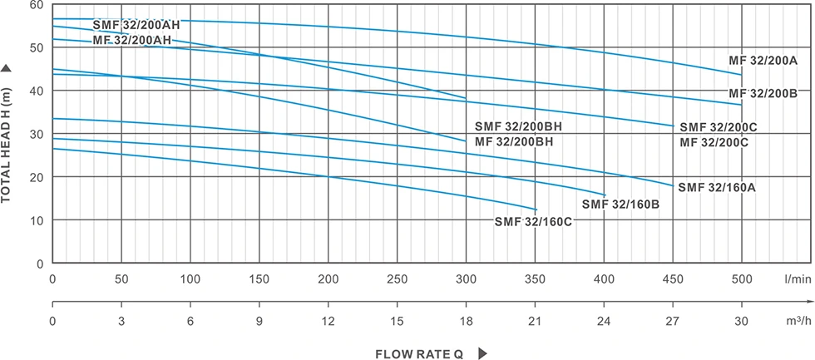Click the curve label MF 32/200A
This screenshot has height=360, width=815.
[x=763, y=61]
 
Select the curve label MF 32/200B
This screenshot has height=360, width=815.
[x=763, y=92]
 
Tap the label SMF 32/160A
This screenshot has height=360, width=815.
[x=717, y=187]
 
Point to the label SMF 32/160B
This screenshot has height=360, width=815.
[x=620, y=204]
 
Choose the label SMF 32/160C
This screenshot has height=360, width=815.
[x=534, y=221]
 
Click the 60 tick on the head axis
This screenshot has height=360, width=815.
[x=37, y=4]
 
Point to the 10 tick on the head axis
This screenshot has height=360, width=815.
[x=37, y=220]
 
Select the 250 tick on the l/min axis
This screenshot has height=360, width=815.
[x=398, y=279]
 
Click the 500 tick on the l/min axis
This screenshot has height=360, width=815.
[x=741, y=279]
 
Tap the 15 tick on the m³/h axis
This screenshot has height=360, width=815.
[x=398, y=321]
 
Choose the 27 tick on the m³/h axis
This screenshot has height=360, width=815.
[x=673, y=321]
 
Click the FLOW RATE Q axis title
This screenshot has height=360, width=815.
[x=419, y=353]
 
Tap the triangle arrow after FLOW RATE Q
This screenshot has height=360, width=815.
[x=482, y=353]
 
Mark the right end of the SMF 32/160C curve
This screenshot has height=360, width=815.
[x=536, y=209]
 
